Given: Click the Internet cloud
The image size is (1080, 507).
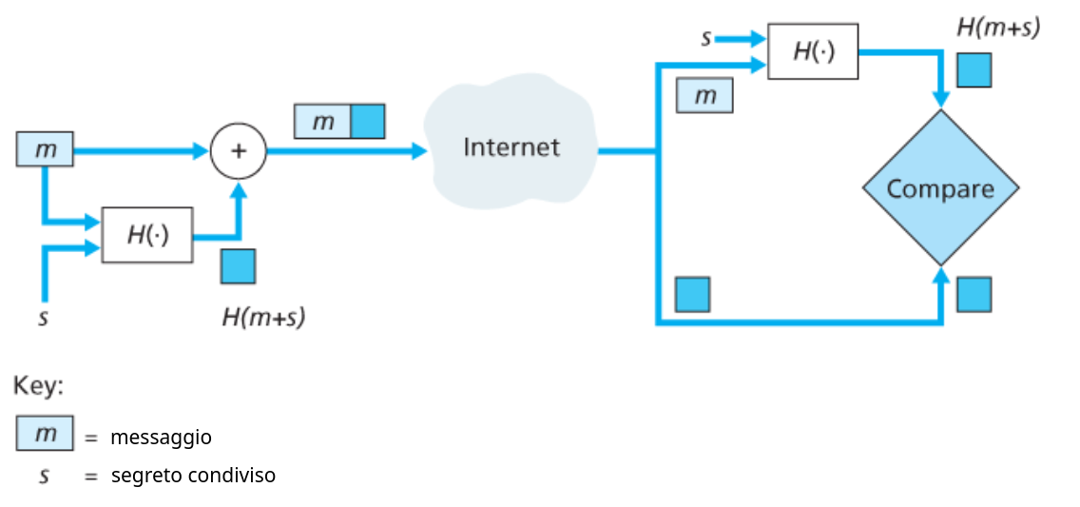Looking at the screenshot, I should [511, 147].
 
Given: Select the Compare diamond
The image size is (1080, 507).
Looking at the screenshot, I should [940, 188].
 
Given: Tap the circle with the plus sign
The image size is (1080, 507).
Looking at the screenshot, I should [238, 150].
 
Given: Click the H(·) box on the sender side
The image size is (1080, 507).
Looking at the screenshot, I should [147, 235].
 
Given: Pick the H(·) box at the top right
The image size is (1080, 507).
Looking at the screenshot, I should [813, 51].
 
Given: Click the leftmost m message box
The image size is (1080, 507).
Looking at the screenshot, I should [45, 150].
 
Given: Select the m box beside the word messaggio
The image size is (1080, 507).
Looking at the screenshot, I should [45, 434].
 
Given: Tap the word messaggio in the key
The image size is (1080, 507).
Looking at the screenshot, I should [161, 438].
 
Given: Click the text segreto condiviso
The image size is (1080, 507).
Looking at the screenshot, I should [193, 475].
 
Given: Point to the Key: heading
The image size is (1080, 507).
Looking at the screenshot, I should [38, 386].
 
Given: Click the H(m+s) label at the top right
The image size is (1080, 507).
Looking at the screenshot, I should [998, 27].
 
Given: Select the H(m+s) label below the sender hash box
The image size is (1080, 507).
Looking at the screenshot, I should [263, 318].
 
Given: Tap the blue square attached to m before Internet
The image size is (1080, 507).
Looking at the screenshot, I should [368, 122].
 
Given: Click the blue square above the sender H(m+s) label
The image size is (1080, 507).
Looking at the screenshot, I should [238, 266].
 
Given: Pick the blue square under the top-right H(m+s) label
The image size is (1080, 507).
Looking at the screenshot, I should [974, 70].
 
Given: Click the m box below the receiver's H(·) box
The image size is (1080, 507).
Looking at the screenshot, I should [704, 95].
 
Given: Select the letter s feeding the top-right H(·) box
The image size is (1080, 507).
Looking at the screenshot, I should [706, 39].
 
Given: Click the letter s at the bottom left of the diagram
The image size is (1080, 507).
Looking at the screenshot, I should [43, 317].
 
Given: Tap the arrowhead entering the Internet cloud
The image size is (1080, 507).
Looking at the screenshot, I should [419, 150].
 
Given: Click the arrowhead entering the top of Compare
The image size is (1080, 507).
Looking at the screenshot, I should [941, 100].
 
